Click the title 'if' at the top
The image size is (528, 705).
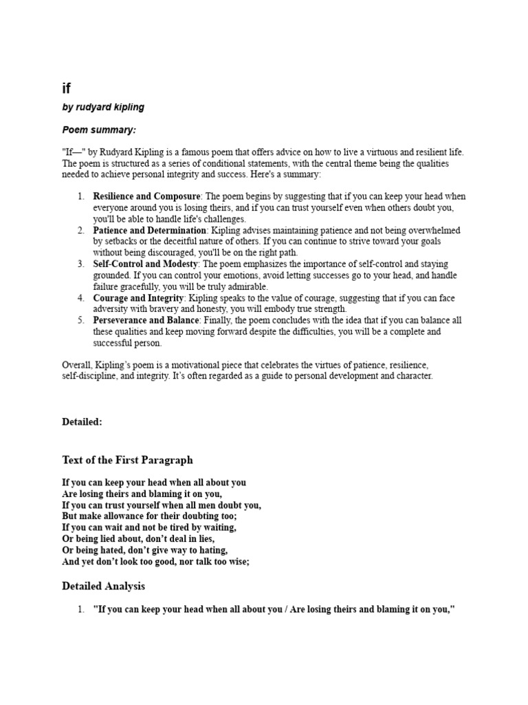tap(67, 88)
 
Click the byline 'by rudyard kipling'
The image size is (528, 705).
tap(103, 107)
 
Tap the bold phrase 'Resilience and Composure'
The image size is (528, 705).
tap(147, 196)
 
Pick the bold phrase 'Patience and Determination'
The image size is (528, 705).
tap(149, 230)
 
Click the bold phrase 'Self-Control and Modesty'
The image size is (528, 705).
tap(146, 264)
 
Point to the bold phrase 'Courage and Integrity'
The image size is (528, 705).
tap(138, 297)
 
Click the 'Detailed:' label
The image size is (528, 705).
tap(82, 422)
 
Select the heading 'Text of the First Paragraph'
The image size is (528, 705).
tap(127, 460)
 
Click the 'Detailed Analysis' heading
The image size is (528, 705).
tap(103, 587)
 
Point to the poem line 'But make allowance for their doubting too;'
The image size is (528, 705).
tap(149, 516)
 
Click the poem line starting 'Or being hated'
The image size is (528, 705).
tap(144, 550)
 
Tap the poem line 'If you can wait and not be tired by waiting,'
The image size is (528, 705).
tap(149, 527)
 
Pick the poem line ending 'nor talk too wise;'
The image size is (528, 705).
tap(155, 561)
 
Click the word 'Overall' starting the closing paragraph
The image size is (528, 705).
tap(76, 365)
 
